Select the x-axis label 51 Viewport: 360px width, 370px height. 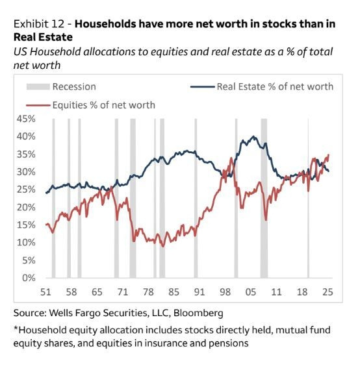(x=46, y=291)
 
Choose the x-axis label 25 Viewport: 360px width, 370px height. (x=328, y=291)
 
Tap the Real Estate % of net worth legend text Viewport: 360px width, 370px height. (x=275, y=86)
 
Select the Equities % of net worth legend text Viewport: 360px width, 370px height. (x=104, y=105)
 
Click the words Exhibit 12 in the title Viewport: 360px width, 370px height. (x=39, y=24)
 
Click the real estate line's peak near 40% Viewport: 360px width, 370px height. (x=253, y=137)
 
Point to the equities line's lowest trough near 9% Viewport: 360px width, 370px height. (x=163, y=246)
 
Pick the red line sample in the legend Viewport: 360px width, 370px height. (x=38, y=105)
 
